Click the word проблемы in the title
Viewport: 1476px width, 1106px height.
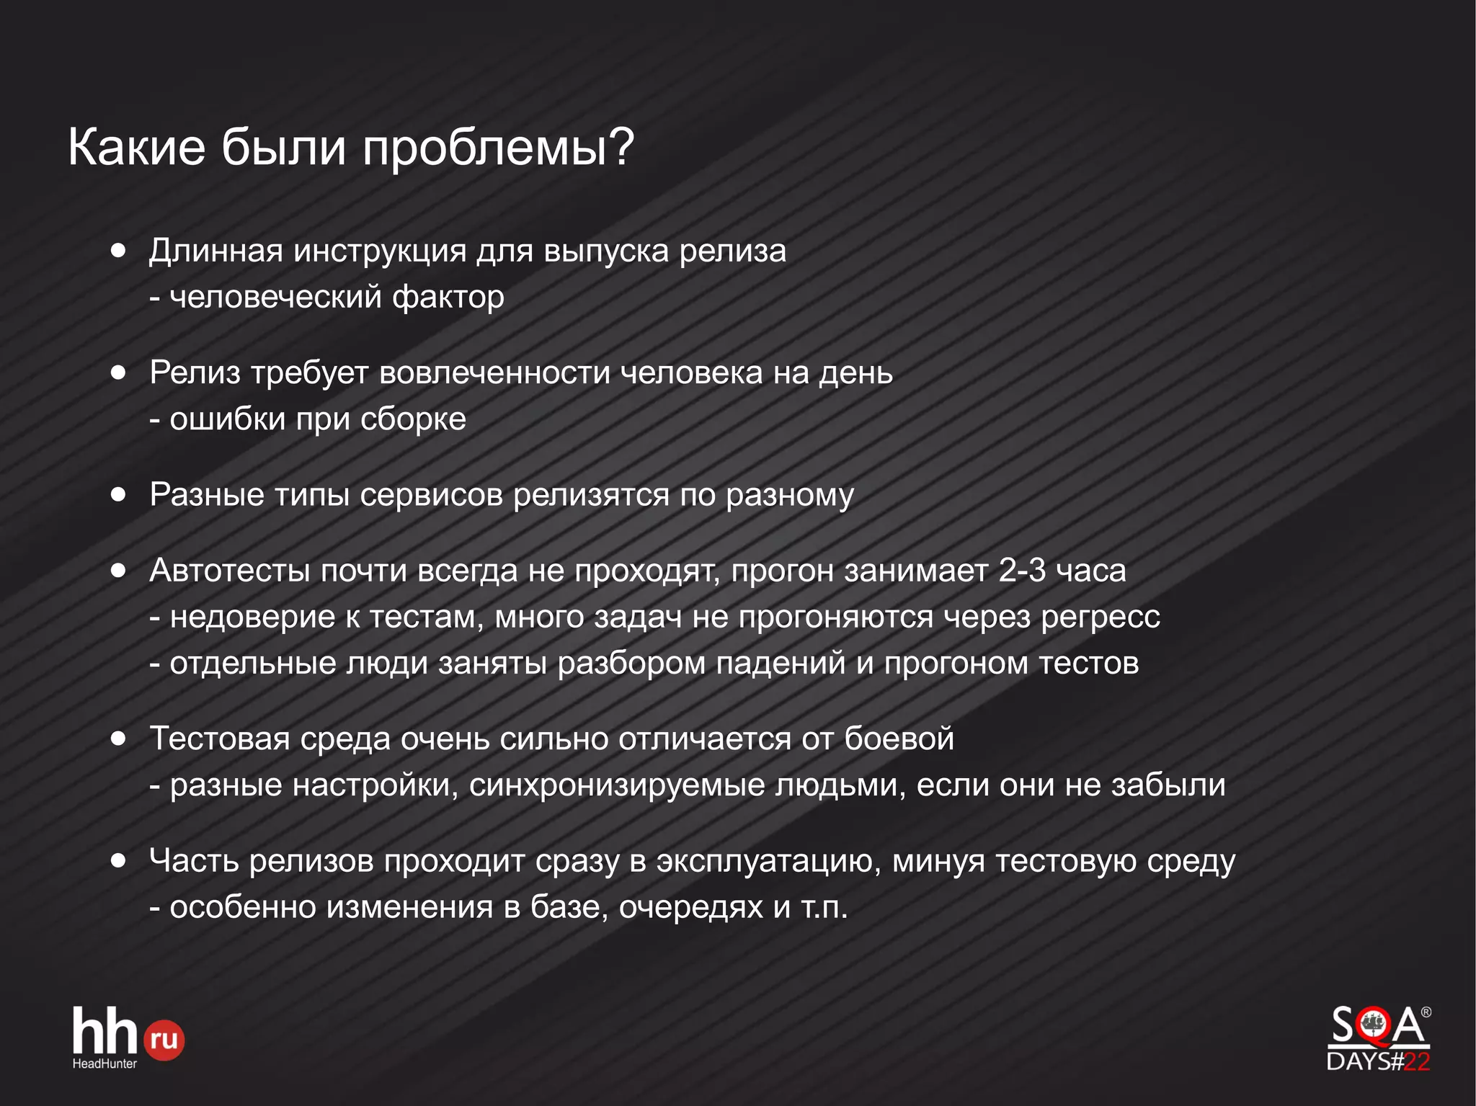[x=497, y=148]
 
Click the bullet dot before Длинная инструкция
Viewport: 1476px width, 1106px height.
[x=119, y=251]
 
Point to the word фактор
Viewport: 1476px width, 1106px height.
[x=448, y=297]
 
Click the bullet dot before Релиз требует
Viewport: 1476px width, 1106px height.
[x=119, y=373]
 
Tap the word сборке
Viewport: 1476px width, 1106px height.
[x=413, y=419]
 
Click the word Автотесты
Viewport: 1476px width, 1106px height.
[x=230, y=571]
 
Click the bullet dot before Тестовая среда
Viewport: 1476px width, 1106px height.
[x=119, y=739]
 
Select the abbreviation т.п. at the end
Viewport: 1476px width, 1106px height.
[x=824, y=907]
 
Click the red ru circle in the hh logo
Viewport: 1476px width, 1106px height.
[x=165, y=1040]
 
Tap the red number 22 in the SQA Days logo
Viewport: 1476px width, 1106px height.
[x=1417, y=1061]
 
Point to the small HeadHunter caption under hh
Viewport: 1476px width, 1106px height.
[x=105, y=1063]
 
